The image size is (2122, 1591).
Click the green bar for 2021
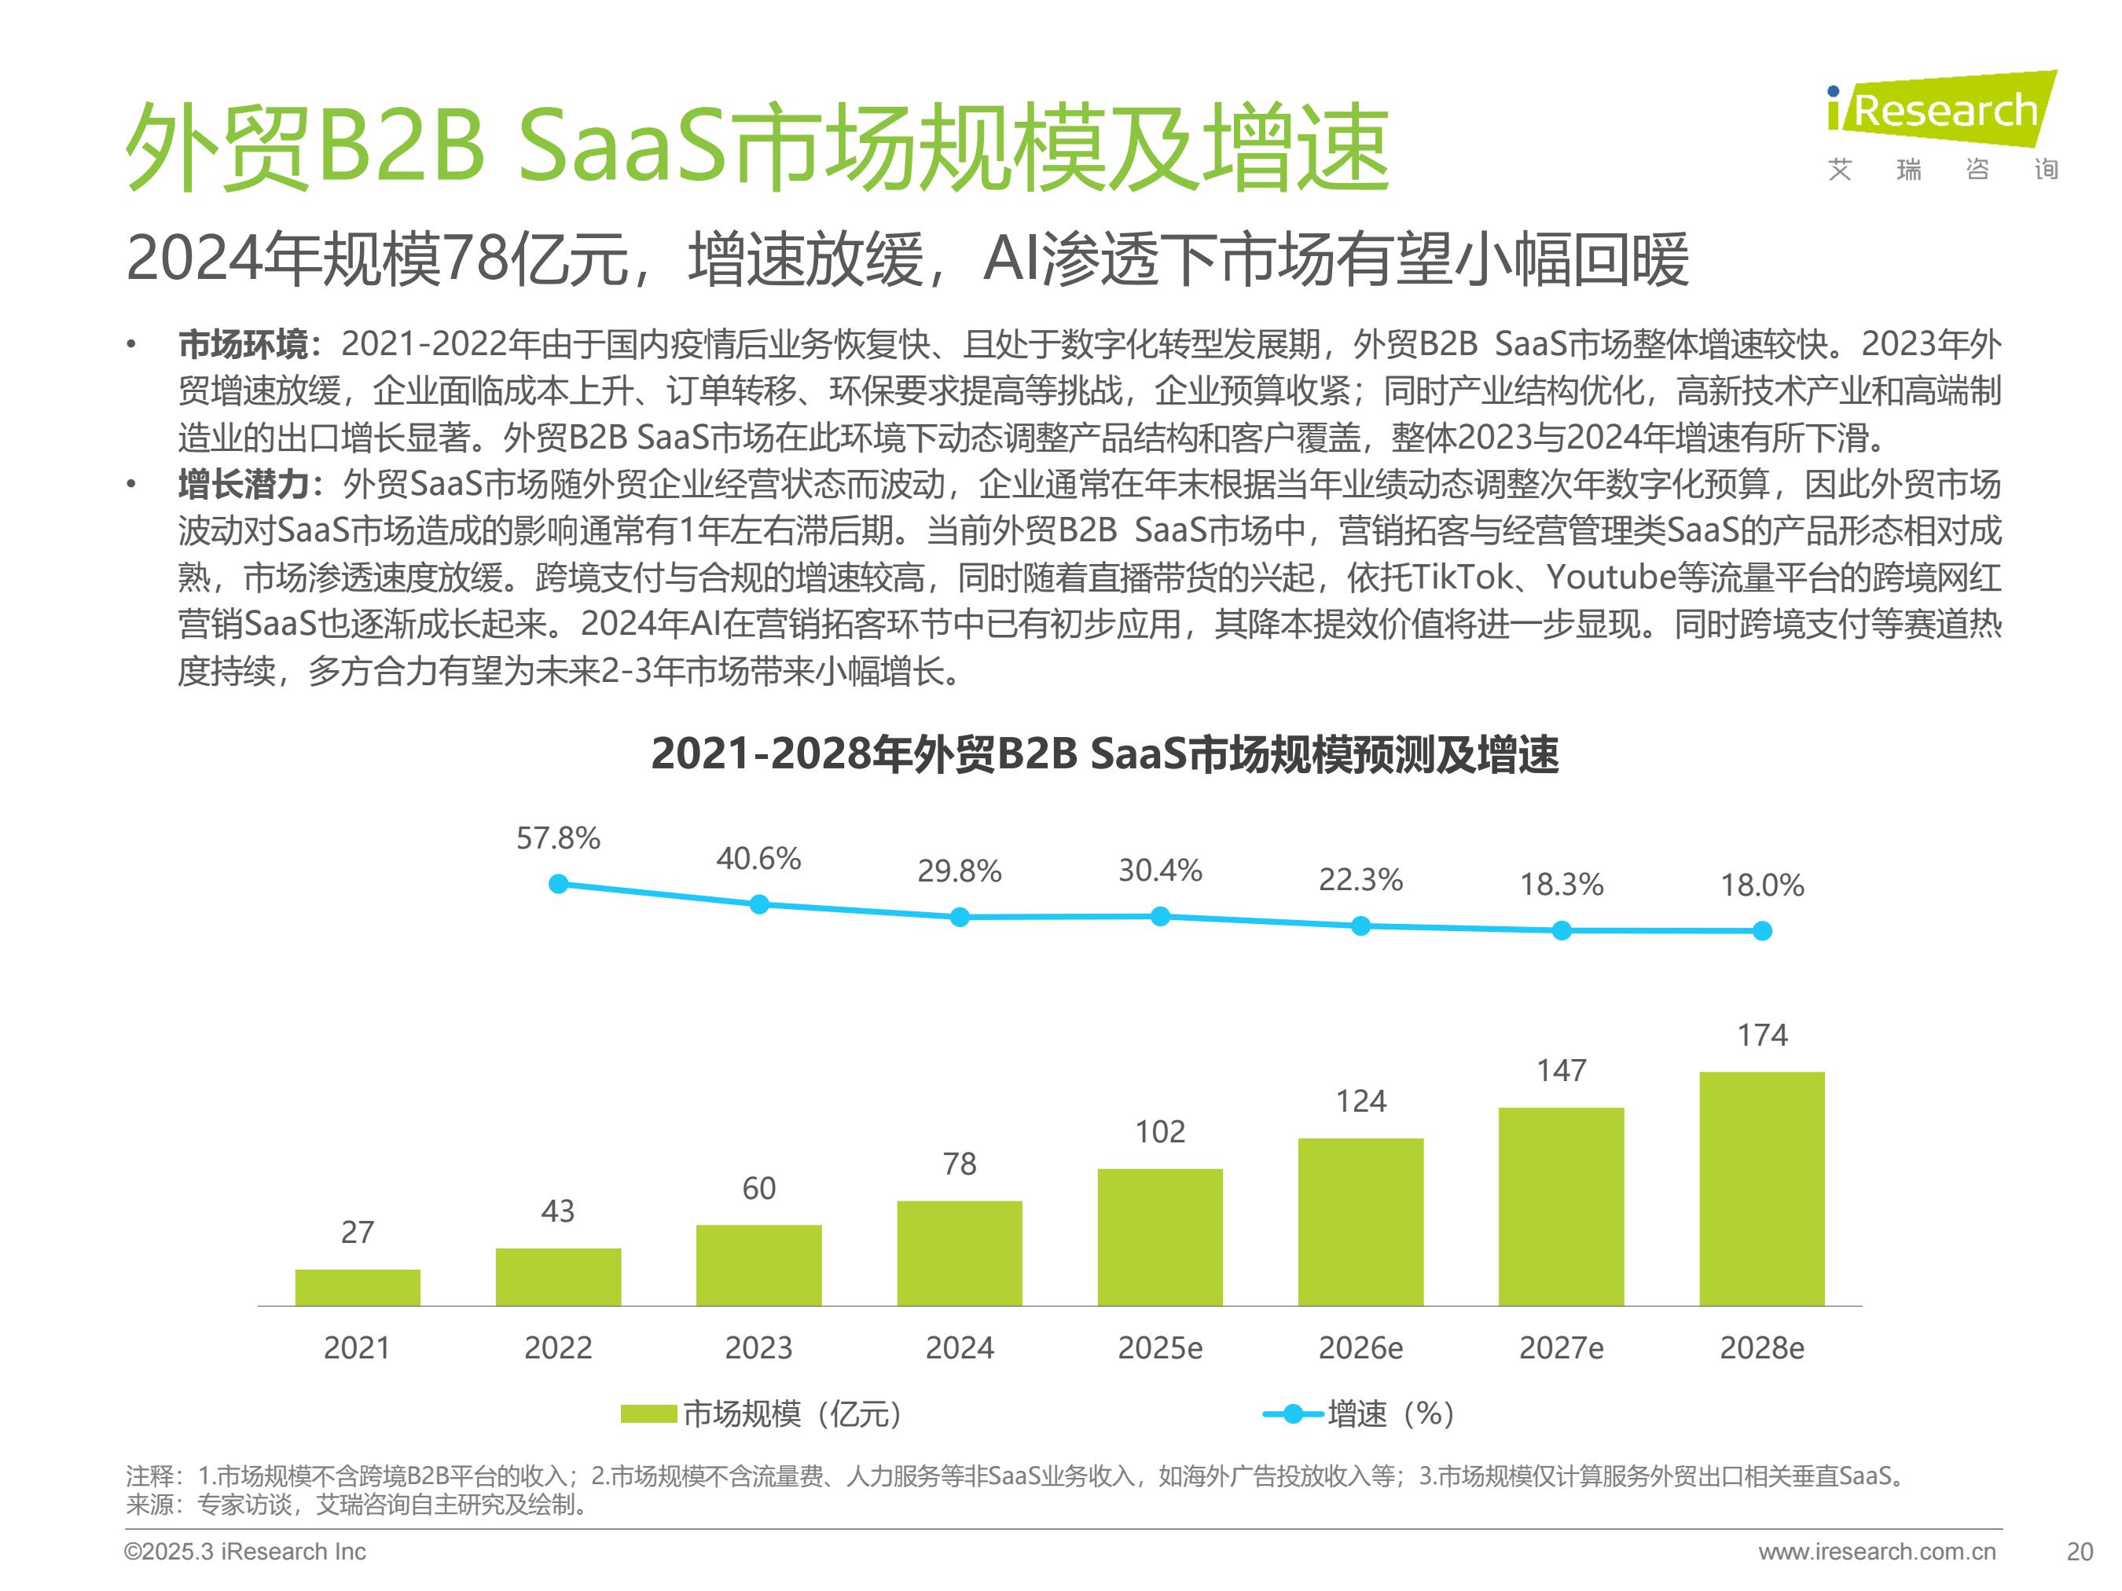357,1287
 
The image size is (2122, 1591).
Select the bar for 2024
960,1252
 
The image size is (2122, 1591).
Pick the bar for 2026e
1360,1221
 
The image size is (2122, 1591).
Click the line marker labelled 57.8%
558,884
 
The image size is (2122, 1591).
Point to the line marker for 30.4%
1160,917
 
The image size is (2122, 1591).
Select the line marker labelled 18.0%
1762,930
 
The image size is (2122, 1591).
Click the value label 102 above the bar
1160,1131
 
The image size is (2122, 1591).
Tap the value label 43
558,1212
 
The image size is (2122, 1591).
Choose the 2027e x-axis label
1561,1347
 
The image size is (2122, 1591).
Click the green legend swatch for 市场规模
648,1413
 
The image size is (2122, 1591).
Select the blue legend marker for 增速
1292,1413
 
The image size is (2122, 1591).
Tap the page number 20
2080,1552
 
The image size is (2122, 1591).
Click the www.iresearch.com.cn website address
1877,1552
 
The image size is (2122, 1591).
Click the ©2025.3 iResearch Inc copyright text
244,1552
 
